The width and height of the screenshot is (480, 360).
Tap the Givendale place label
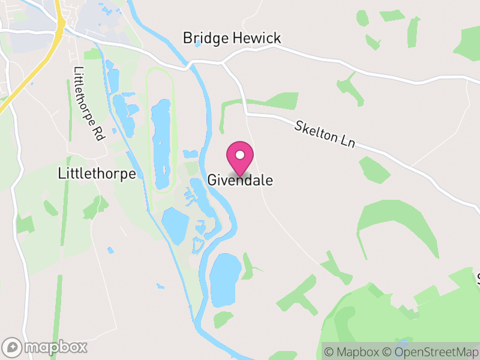click(x=240, y=180)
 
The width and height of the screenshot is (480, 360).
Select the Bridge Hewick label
click(x=232, y=39)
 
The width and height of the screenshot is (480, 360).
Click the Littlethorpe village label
click(x=97, y=173)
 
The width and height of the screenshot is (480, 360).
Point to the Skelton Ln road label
click(x=325, y=134)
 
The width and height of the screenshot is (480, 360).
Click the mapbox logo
click(x=45, y=347)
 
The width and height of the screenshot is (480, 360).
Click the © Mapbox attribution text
click(x=352, y=352)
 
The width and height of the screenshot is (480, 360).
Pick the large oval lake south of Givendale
click(x=225, y=279)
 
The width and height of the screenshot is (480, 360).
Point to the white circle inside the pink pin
click(x=240, y=155)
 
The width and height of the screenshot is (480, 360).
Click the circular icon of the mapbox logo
click(x=11, y=347)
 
